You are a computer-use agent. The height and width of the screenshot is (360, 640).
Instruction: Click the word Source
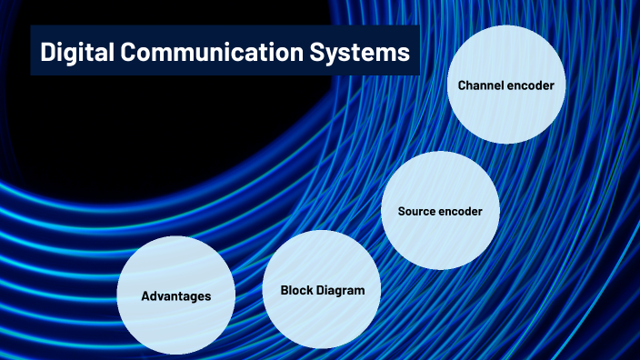click(x=418, y=211)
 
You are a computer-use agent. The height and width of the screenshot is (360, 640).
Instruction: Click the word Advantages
click(x=175, y=296)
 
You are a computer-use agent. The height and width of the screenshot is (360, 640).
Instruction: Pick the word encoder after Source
click(x=462, y=211)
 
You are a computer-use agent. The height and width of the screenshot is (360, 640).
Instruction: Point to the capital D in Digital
click(x=48, y=54)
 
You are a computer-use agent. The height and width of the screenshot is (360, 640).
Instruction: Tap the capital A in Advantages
click(x=145, y=296)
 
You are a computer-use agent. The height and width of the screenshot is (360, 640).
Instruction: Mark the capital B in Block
click(x=285, y=291)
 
